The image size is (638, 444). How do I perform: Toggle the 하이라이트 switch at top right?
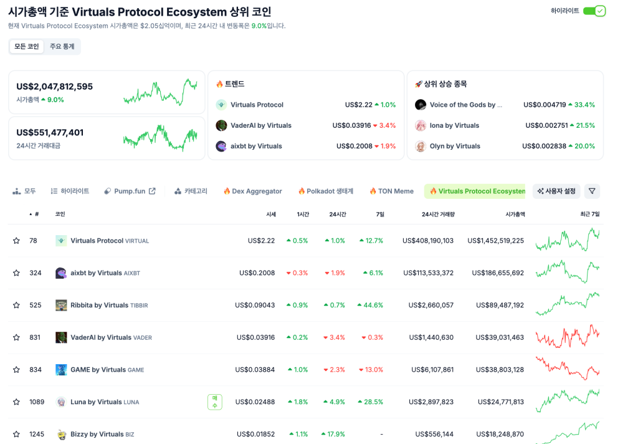[x=594, y=11]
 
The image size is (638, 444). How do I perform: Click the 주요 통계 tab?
[x=62, y=47]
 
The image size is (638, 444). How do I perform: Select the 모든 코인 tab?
[x=27, y=47]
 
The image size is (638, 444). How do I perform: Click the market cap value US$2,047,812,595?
[x=55, y=87]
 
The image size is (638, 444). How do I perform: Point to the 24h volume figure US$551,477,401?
[x=50, y=132]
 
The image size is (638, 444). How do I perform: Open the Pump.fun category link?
[x=130, y=191]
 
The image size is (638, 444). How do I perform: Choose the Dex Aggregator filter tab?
[x=253, y=191]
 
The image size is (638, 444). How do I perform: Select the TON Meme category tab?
[x=391, y=191]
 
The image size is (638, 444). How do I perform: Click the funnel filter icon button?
[x=592, y=191]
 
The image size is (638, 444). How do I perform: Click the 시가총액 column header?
[x=515, y=214]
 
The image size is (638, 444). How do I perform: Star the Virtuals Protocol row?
[x=16, y=241]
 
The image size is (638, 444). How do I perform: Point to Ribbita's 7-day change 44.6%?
[x=370, y=305]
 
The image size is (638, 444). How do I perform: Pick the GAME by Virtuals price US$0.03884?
[x=255, y=370]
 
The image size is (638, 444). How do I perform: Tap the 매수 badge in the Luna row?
[x=214, y=402]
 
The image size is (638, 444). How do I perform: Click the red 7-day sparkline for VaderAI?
[x=567, y=337]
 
